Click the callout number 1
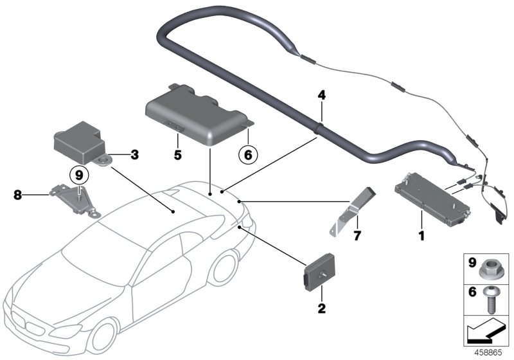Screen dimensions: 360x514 coord(422,235)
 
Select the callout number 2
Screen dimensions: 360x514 coord(321,309)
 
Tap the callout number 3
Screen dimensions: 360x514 coord(134,154)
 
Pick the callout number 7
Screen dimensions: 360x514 coord(357,237)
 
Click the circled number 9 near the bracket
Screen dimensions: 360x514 coord(78,174)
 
